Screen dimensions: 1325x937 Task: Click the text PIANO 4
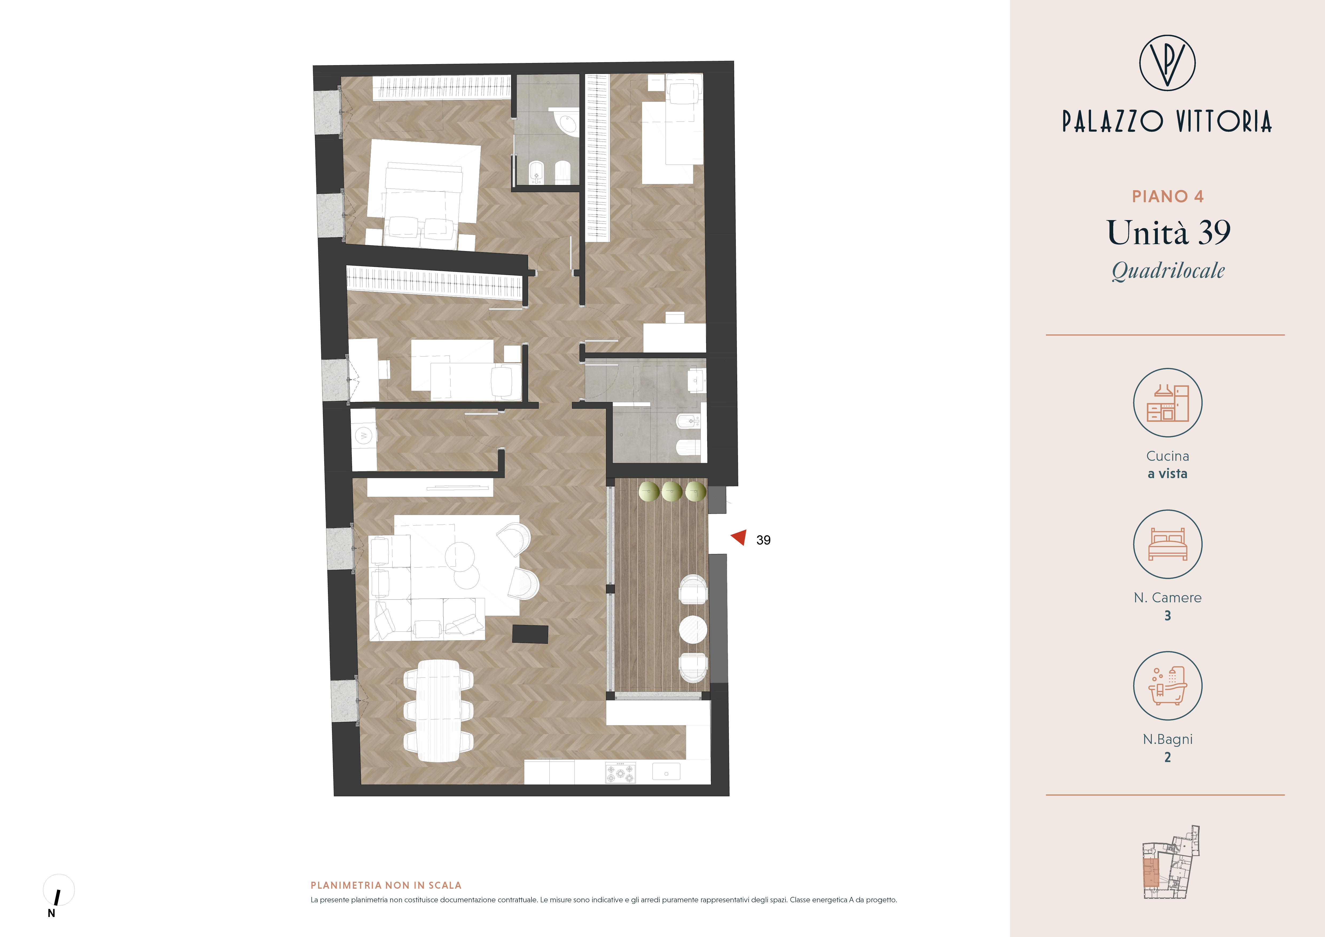[x=1167, y=197]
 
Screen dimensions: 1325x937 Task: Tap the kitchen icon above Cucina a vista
[x=1167, y=403]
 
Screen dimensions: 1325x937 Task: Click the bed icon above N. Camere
[x=1167, y=544]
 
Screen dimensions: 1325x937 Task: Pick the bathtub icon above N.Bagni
[x=1167, y=686]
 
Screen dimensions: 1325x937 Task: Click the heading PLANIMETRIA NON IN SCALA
[x=386, y=885]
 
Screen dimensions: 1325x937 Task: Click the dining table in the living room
[x=439, y=711]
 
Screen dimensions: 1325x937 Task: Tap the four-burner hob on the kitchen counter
[x=620, y=772]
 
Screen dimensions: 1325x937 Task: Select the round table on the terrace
[x=693, y=629]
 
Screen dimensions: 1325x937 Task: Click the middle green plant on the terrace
[x=672, y=491]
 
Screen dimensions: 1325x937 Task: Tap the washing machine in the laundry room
[x=364, y=436]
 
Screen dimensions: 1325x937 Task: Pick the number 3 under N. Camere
[x=1167, y=616]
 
